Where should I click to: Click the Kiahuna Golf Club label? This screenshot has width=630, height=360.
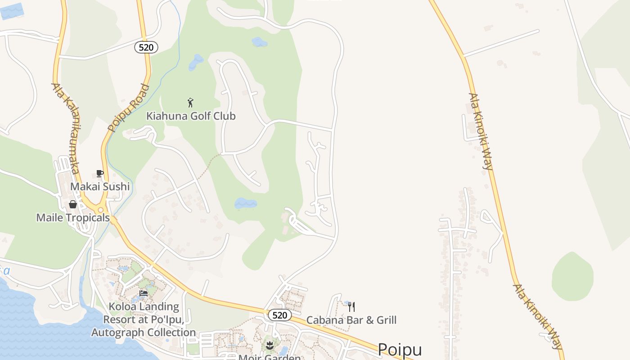pos(191,116)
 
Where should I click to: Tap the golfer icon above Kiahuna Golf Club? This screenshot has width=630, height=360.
pos(190,103)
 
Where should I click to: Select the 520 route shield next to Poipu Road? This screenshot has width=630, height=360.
pos(146,47)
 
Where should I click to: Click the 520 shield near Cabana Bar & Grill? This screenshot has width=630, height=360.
pos(279,315)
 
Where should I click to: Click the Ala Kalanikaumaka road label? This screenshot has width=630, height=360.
pos(66,128)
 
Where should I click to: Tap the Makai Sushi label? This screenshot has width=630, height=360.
pos(100,186)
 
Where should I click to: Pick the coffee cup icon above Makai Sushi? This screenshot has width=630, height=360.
pos(100,174)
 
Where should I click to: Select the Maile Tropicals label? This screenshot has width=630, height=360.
pos(73,218)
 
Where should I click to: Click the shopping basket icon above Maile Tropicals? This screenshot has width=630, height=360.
pos(73,205)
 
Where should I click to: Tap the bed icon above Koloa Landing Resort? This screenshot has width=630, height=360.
pos(144,293)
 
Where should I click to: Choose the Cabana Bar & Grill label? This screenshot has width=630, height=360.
pos(351,320)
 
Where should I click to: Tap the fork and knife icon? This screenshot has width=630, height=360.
pos(351,307)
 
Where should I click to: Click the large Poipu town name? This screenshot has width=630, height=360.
pos(400,350)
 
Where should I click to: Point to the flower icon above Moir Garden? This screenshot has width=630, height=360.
pos(270,346)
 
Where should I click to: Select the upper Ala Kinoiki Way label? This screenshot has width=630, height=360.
pos(481,131)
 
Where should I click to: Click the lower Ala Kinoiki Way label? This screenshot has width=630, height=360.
pos(538,316)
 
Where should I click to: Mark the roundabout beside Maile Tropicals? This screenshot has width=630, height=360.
pos(101,210)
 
